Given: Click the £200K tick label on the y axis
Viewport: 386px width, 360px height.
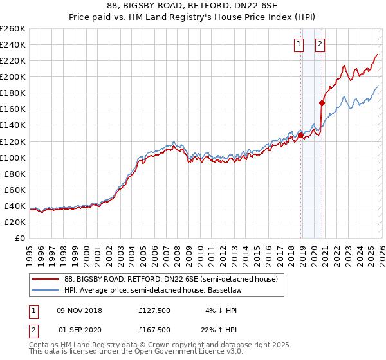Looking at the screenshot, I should [x=13, y=76].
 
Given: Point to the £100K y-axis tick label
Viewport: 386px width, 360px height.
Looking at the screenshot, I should [x=13, y=157].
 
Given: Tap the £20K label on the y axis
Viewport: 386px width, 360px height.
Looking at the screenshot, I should [x=15, y=222].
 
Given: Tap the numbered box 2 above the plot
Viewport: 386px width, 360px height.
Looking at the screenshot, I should [x=320, y=44].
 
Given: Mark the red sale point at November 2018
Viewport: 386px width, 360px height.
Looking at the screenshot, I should [x=300, y=135].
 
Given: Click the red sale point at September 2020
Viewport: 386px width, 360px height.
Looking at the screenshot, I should [x=322, y=103].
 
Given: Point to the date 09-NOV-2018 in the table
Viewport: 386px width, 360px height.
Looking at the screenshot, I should [x=79, y=310].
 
